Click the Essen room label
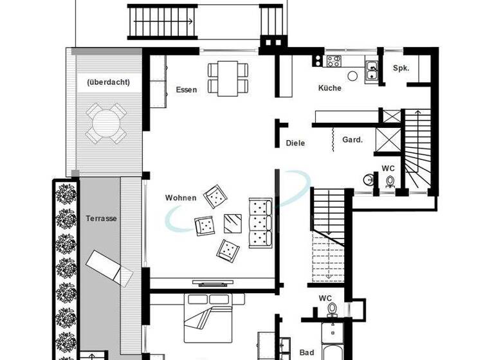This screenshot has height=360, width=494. (x=187, y=89)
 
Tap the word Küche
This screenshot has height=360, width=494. (x=329, y=88)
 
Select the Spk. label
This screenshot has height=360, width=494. (x=401, y=68)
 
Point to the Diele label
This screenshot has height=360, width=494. (x=295, y=143)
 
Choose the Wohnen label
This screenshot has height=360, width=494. (x=181, y=197)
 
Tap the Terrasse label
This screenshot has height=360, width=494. (x=101, y=219)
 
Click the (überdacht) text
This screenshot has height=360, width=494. (x=108, y=82)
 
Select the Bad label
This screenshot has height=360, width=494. (x=307, y=352)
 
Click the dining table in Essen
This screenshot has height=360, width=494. (x=228, y=78)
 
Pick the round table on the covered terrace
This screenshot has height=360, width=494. (x=106, y=122)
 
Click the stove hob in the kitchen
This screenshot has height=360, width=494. (x=333, y=62)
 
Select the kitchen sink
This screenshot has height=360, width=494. (x=371, y=68)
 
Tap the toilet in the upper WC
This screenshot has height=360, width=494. (x=390, y=182)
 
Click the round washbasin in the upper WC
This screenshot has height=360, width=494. (x=367, y=179)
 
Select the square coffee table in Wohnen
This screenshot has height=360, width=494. (x=232, y=223)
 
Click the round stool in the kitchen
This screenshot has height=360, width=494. (x=352, y=76)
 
